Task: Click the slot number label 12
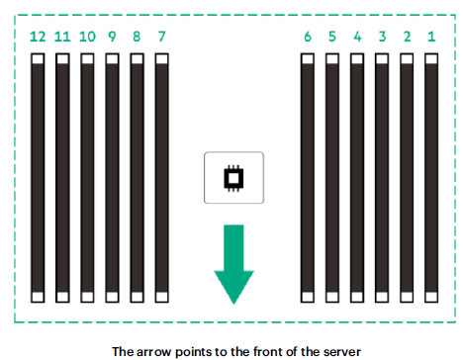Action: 38,37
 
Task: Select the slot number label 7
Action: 161,37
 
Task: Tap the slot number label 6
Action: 308,37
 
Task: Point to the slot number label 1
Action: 431,37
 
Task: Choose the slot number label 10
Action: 87,37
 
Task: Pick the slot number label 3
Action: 382,37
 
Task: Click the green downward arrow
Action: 233,264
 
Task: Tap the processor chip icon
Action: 233,178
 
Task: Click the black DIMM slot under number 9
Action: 112,178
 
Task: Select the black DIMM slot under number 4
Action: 357,178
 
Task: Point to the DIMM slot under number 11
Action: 62,178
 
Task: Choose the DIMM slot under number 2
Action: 407,178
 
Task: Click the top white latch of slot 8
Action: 137,59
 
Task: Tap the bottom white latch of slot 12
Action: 38,297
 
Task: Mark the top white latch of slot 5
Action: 332,59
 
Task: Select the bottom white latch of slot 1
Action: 431,297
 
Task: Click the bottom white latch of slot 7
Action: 161,297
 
